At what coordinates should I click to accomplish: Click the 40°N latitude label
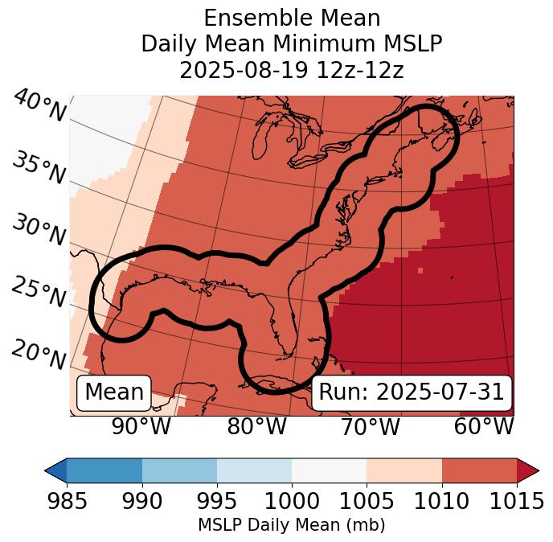click(39, 106)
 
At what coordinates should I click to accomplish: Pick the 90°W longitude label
click(141, 426)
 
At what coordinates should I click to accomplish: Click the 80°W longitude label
click(256, 426)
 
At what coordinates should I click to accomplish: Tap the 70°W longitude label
click(370, 426)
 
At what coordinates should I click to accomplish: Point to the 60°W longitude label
click(484, 426)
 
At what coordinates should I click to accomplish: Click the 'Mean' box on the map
click(114, 392)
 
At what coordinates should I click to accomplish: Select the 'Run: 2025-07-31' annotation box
click(412, 392)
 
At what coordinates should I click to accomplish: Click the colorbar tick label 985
click(67, 502)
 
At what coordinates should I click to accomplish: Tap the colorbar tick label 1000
click(292, 502)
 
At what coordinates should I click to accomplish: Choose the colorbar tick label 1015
click(517, 502)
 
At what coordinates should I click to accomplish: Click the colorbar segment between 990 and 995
click(179, 470)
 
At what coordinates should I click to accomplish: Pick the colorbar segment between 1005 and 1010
click(404, 470)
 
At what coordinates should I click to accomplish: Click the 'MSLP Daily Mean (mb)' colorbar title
click(292, 526)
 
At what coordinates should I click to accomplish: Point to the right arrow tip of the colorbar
click(536, 470)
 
